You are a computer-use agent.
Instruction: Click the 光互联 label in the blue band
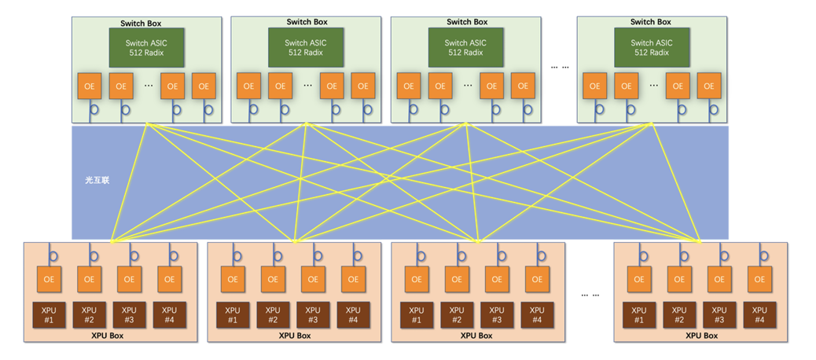pyautogui.click(x=98, y=180)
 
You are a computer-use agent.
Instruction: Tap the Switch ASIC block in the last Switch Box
pyautogui.click(x=652, y=48)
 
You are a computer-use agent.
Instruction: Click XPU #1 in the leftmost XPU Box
pyautogui.click(x=49, y=314)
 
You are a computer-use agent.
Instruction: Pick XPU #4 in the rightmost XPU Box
pyautogui.click(x=759, y=314)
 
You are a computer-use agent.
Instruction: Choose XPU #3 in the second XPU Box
pyautogui.click(x=313, y=314)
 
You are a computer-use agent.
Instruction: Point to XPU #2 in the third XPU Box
pyautogui.click(x=457, y=314)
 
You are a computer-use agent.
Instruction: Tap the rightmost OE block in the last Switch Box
pyautogui.click(x=709, y=86)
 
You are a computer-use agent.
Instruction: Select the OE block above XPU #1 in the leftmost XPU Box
pyautogui.click(x=49, y=278)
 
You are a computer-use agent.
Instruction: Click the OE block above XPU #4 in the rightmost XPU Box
pyautogui.click(x=759, y=278)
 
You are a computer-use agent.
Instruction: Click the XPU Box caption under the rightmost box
pyautogui.click(x=701, y=336)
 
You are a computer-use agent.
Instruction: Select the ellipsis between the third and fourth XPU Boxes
pyautogui.click(x=590, y=294)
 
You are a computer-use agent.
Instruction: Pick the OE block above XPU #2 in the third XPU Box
pyautogui.click(x=457, y=278)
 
